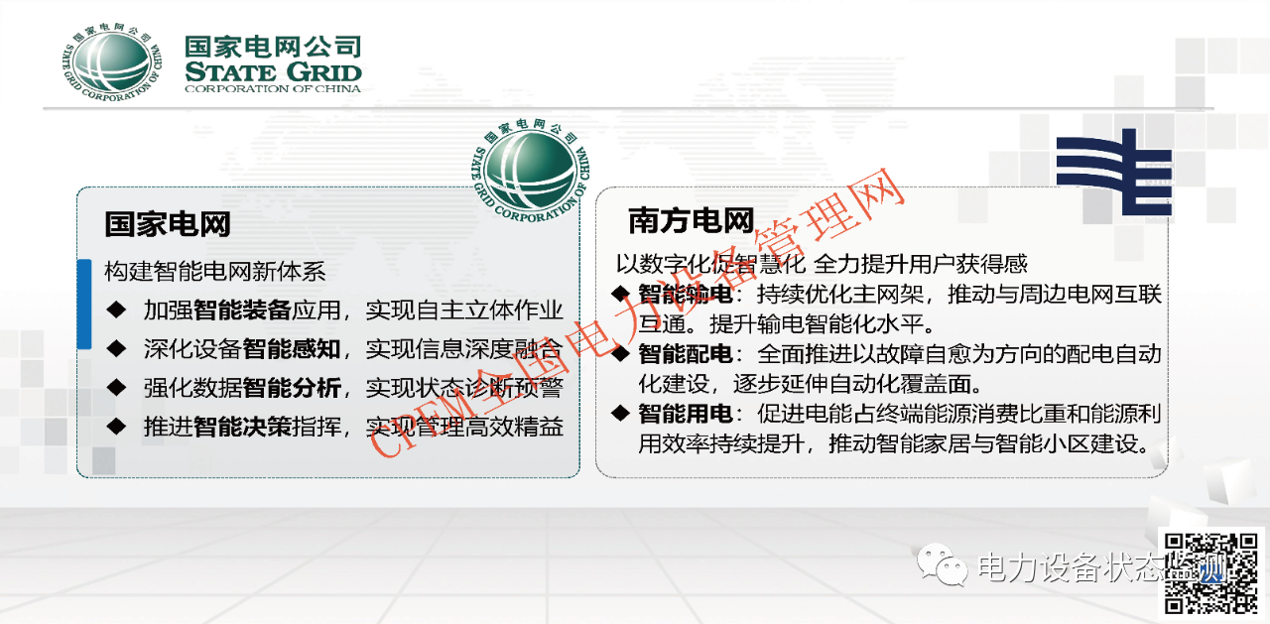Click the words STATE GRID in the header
coord(273,72)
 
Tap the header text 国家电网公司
coord(273,46)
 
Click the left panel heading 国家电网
coord(168,223)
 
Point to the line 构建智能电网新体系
coord(215,271)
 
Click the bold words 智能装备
coord(242,310)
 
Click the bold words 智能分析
coord(292,387)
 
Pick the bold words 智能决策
coord(242,427)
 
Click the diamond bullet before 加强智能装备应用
coord(118,310)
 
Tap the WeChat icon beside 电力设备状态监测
coord(942,566)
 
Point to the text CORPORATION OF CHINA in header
coord(273,88)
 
